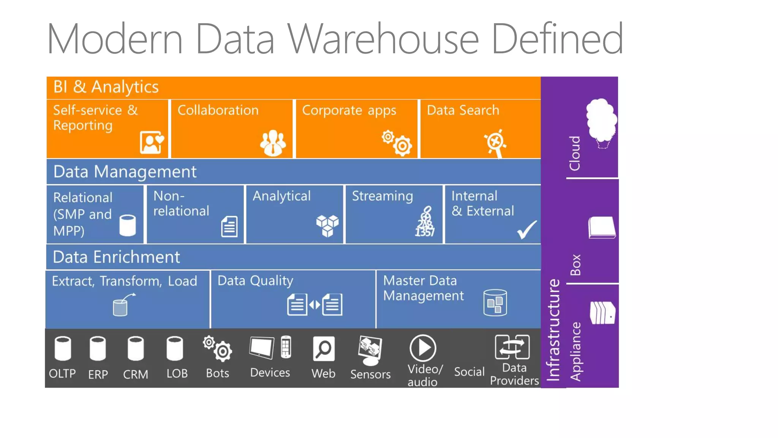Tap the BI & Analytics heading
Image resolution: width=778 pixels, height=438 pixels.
(x=106, y=87)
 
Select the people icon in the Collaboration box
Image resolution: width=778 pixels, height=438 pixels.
(x=273, y=143)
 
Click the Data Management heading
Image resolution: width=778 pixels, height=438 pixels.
(x=125, y=172)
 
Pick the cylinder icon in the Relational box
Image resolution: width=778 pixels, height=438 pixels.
(x=127, y=225)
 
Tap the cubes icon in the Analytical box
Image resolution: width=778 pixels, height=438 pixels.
(x=327, y=225)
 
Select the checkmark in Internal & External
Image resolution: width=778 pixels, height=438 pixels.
(x=527, y=230)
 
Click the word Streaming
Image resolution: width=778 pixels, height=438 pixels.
(x=382, y=196)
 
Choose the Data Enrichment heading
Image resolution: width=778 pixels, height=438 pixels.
(x=116, y=257)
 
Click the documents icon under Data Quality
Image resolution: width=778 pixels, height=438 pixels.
(x=315, y=304)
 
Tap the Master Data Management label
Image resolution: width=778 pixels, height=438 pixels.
(x=423, y=288)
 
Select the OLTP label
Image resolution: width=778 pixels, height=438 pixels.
(x=62, y=374)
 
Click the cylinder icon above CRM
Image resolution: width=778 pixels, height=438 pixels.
(x=135, y=348)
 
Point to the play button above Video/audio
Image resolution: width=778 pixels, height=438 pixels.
(x=422, y=348)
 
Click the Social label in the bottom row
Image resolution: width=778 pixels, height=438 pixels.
(x=469, y=371)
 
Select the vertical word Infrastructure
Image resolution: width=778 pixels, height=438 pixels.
(x=553, y=330)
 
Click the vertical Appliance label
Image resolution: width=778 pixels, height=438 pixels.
(x=576, y=351)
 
